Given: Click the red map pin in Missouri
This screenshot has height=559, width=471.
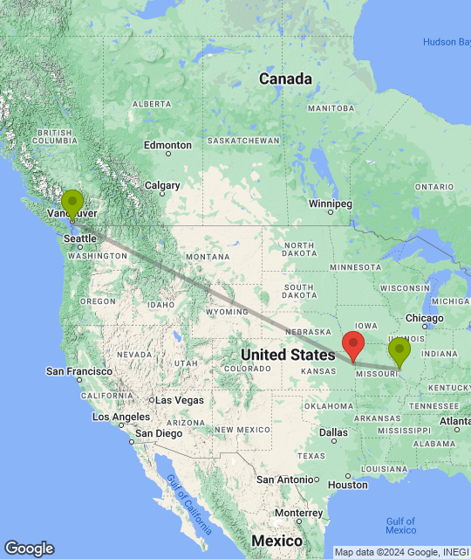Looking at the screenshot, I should click(x=353, y=346).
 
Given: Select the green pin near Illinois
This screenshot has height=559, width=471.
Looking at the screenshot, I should click(x=399, y=351).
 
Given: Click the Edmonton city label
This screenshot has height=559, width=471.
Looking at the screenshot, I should click(x=167, y=145).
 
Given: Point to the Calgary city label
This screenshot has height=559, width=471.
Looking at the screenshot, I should click(x=162, y=185).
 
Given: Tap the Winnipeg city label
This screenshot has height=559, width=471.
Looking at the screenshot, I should click(x=330, y=204).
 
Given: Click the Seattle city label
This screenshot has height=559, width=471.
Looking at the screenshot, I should click(x=80, y=238).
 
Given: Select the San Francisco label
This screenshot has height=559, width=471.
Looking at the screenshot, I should click(x=79, y=371).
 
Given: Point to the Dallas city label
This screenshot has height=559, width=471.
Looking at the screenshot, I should click(x=333, y=432).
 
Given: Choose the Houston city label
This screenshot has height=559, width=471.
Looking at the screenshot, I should click(x=347, y=485).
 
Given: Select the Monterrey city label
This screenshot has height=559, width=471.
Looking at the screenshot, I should click(x=298, y=513).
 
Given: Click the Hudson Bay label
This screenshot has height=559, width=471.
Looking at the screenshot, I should click(x=447, y=42).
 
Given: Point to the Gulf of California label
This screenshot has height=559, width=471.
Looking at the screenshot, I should click(x=189, y=505).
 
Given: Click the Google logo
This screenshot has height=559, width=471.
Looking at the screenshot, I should click(x=28, y=548).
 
